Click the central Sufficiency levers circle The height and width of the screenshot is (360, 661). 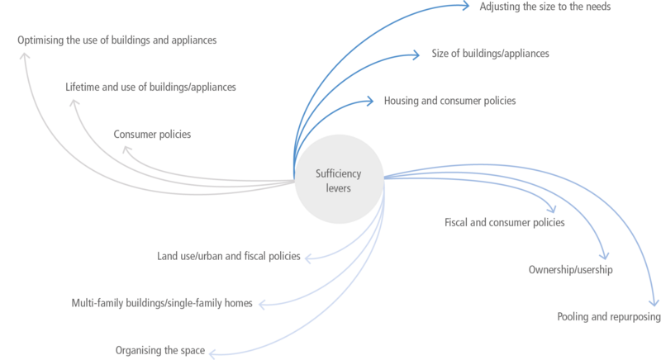[339, 179]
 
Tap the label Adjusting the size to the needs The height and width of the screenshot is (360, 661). [545, 7]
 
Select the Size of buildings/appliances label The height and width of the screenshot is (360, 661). [490, 54]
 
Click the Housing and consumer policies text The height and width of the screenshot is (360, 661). [449, 101]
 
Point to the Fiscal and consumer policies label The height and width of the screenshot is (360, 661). [505, 222]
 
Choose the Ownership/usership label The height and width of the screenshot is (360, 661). [571, 269]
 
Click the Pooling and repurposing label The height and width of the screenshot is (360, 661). [609, 316]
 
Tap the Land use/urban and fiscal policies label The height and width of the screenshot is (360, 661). [229, 256]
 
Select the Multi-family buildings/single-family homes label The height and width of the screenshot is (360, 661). [162, 303]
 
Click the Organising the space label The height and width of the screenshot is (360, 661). [160, 350]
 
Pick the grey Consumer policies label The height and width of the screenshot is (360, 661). [152, 135]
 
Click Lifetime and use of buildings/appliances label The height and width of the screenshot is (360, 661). [150, 88]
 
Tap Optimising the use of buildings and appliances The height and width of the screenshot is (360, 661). [117, 40]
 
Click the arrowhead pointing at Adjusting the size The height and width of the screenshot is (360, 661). [466, 6]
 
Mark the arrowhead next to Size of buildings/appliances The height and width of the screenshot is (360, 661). [416, 54]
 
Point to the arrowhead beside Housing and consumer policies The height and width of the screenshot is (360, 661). [370, 101]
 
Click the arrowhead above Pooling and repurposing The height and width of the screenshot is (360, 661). [654, 303]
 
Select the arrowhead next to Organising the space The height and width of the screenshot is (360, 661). [212, 353]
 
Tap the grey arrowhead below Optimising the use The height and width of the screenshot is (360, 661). [25, 56]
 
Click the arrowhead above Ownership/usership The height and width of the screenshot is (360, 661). [605, 256]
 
